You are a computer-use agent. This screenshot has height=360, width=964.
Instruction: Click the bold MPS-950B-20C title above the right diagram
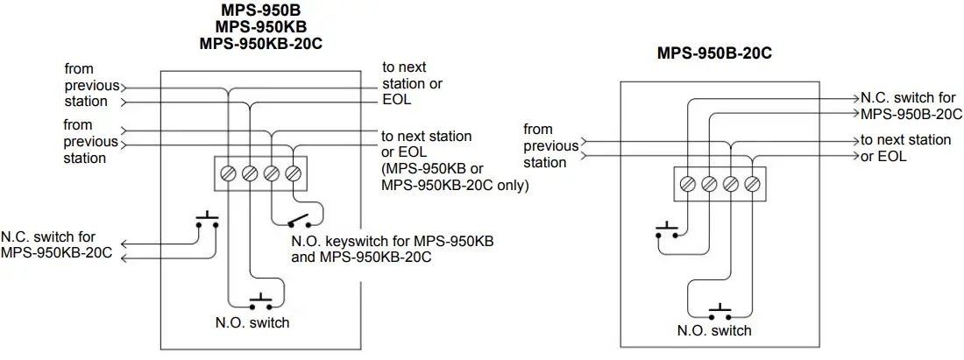(x=713, y=53)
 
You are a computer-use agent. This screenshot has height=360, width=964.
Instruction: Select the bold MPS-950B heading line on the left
(x=256, y=11)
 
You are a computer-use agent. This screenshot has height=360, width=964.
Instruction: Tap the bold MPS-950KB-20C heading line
(x=256, y=43)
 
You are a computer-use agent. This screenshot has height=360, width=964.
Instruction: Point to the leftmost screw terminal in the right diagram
(x=687, y=184)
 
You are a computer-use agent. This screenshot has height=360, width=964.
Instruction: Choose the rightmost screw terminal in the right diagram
(x=752, y=184)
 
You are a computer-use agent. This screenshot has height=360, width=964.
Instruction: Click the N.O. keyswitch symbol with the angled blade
(x=299, y=218)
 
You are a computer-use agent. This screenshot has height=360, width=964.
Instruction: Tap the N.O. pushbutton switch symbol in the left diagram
(x=261, y=303)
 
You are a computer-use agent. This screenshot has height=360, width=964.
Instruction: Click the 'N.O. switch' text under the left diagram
(x=252, y=323)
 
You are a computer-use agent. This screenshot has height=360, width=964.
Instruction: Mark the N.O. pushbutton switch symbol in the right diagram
(x=719, y=312)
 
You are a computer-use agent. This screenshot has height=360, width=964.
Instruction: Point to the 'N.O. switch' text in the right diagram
(x=714, y=331)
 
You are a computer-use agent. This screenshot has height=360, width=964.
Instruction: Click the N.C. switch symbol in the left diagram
(x=207, y=221)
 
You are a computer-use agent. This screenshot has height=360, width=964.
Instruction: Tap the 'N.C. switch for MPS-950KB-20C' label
(x=57, y=245)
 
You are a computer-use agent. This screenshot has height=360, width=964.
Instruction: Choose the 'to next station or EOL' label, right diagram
(x=904, y=148)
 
